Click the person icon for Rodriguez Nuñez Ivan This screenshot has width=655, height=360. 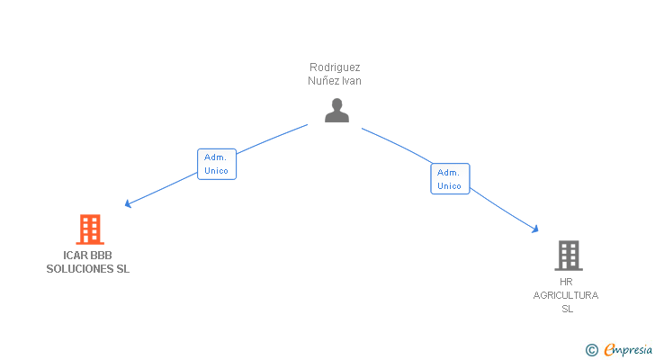click(336, 111)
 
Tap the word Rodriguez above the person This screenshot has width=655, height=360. click(335, 67)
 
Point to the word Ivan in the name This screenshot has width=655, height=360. click(351, 81)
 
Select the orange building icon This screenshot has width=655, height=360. click(90, 229)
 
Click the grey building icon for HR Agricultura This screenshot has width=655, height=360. click(569, 256)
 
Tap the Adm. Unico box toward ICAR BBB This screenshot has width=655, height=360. click(217, 164)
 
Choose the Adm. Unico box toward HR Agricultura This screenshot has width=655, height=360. click(450, 179)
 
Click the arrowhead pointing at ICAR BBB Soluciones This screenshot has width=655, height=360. click(128, 203)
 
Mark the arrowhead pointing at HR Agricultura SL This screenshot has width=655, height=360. click(535, 229)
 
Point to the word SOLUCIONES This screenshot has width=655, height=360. click(80, 269)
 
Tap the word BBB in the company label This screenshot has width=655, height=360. click(101, 256)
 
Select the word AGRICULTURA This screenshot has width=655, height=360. click(566, 295)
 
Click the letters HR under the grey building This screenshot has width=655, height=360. click(566, 282)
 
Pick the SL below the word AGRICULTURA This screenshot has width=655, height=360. click(567, 309)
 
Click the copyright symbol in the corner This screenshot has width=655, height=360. click(592, 350)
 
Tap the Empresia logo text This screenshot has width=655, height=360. click(628, 350)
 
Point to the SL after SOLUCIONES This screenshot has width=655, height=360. click(122, 269)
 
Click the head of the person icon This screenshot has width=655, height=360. click(336, 103)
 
